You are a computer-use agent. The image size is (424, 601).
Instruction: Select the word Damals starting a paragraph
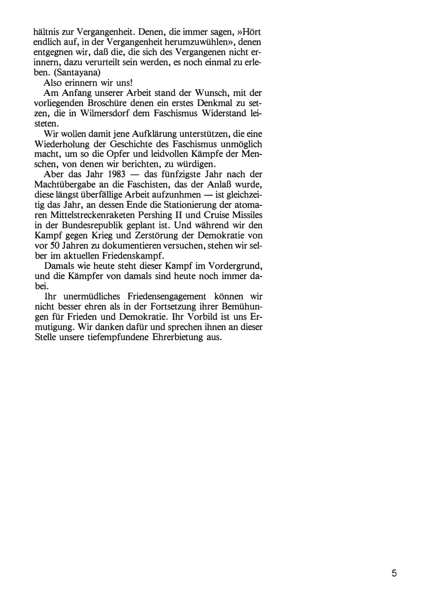coord(58,267)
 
